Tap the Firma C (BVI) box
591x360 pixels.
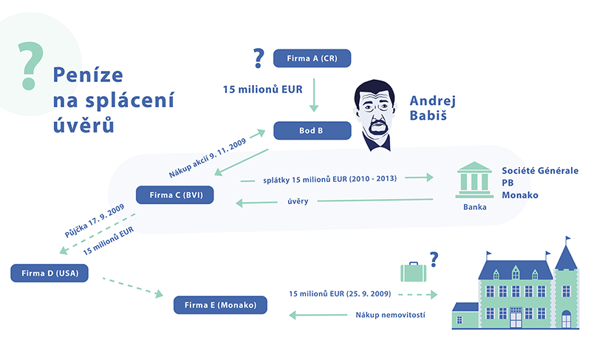[x=175, y=196]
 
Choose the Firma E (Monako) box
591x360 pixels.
[x=219, y=305]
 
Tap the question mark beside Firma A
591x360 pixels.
[x=258, y=57]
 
